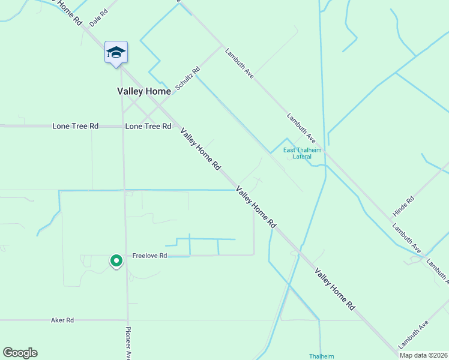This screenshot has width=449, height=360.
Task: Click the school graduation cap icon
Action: coord(115,52)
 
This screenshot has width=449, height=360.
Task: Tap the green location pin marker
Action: coord(116,260)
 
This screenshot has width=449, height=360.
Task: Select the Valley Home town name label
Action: coord(144,91)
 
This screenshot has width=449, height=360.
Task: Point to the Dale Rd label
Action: coord(98,17)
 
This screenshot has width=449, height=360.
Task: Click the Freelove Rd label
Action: coord(150,256)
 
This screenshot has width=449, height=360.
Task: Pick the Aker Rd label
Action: coord(62,320)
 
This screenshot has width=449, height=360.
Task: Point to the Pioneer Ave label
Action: coord(128,343)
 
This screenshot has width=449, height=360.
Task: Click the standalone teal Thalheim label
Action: coord(321,356)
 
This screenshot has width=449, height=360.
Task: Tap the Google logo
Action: coord(20,353)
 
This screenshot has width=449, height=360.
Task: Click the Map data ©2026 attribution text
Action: coord(423,355)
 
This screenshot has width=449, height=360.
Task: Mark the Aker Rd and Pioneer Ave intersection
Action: coord(127,320)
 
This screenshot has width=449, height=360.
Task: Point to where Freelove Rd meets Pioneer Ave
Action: coord(126,256)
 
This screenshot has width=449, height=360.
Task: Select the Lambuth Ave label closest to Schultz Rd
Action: coord(240,63)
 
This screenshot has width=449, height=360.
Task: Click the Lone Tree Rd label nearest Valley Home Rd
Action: coord(148,127)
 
